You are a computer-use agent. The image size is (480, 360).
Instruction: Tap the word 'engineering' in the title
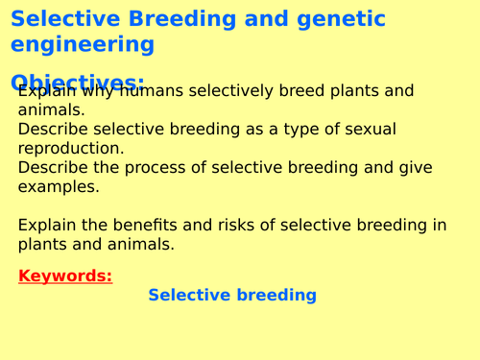83,44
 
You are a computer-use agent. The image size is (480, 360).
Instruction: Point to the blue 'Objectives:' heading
78,81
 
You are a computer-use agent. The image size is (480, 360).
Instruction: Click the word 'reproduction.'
70,149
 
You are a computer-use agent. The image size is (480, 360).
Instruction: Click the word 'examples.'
59,187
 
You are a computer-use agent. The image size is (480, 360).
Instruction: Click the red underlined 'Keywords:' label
65,276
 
